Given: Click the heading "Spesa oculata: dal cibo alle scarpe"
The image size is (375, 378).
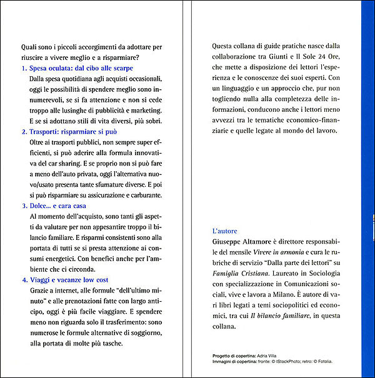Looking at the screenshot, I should point(81,67).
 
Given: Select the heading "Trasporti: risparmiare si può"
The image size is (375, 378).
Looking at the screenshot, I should point(74,132).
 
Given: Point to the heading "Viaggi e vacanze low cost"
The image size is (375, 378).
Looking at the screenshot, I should point(69,280).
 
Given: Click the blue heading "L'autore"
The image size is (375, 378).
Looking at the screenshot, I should point(225,231).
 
